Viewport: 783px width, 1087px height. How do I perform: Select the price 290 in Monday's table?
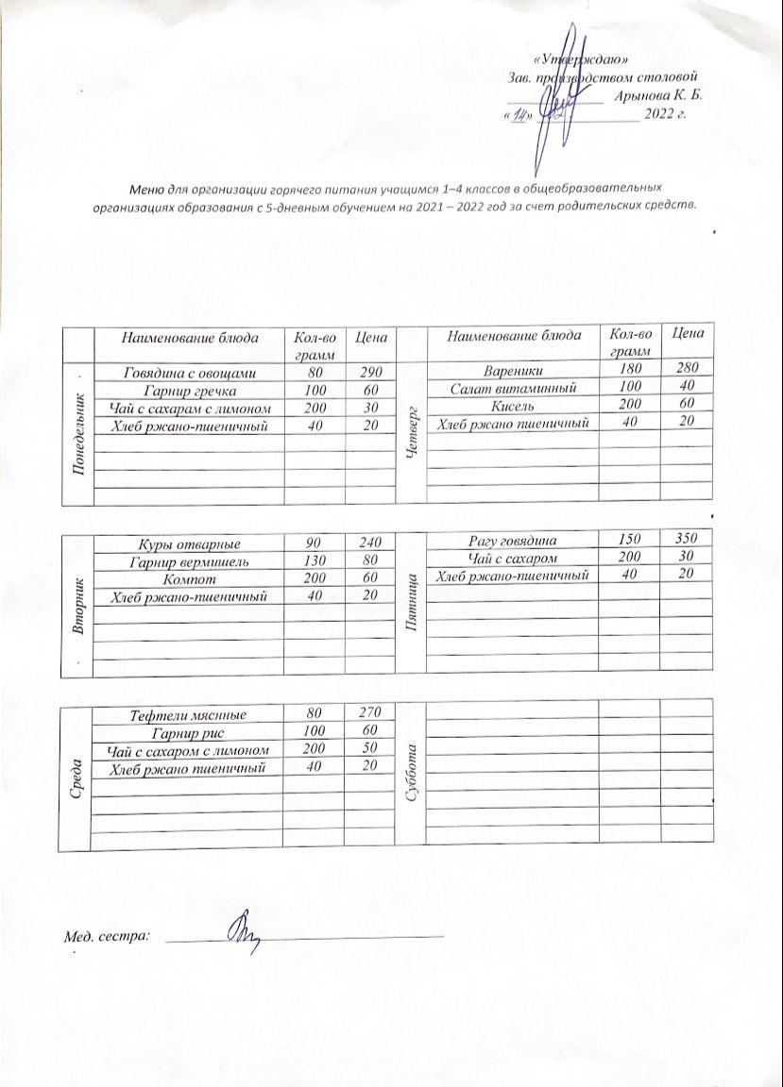(369, 373)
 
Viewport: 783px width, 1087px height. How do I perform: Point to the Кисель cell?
(513, 406)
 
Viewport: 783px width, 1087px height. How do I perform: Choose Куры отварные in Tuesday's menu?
(190, 544)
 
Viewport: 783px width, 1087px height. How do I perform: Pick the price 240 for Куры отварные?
(369, 544)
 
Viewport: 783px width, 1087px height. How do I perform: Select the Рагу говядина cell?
(513, 541)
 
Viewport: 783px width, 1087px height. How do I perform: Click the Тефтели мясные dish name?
(188, 715)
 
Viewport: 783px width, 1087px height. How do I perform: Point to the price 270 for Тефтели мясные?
(369, 715)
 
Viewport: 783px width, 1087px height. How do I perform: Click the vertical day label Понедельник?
(79, 424)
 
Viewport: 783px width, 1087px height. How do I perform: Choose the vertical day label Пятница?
(412, 600)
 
